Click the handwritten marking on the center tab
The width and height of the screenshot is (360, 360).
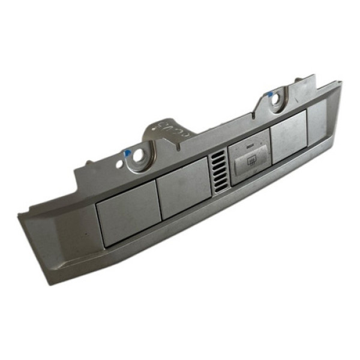pyautogui.click(x=169, y=128)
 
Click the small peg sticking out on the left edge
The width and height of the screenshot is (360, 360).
pyautogui.click(x=89, y=163)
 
